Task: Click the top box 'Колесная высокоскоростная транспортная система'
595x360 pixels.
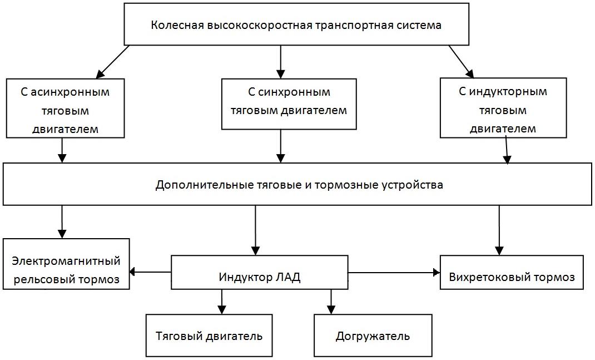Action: tap(296, 25)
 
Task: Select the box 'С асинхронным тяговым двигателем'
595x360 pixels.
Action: tap(65, 110)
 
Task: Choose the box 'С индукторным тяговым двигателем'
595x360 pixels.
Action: tap(503, 109)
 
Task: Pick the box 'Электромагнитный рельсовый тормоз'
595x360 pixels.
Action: tap(66, 264)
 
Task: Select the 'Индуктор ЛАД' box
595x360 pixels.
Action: tap(260, 272)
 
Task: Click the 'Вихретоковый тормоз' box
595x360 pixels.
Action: tap(512, 272)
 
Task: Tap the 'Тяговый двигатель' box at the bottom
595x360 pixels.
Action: tap(209, 336)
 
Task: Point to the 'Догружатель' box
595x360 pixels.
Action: tap(373, 336)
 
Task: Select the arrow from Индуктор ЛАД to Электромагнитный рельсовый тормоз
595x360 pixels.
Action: tap(150, 272)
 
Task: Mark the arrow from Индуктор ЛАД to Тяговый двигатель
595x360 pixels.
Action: tap(222, 302)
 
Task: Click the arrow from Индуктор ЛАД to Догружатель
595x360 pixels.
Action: tap(331, 302)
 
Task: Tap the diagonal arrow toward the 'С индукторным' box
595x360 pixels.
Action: tap(461, 61)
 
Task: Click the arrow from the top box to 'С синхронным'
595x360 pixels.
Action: tap(281, 61)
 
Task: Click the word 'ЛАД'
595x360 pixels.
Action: tap(288, 278)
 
